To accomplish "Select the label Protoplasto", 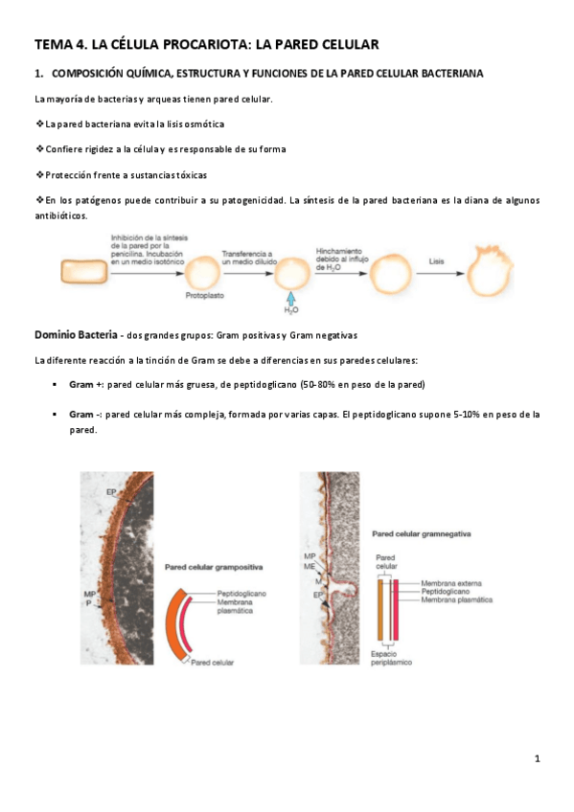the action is click(205, 297).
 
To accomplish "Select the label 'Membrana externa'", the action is click(456, 582).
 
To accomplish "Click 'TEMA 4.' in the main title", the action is click(61, 44).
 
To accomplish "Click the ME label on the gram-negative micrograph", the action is click(310, 567).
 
